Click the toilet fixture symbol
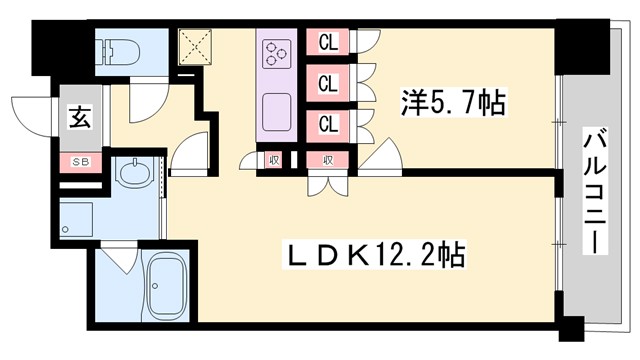click(x=117, y=50)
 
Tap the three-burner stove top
click(x=277, y=51)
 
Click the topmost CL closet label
click(x=326, y=42)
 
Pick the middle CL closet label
click(x=326, y=83)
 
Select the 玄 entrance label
click(x=77, y=117)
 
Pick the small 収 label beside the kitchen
click(x=273, y=158)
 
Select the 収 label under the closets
click(x=326, y=158)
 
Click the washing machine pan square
click(x=76, y=219)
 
